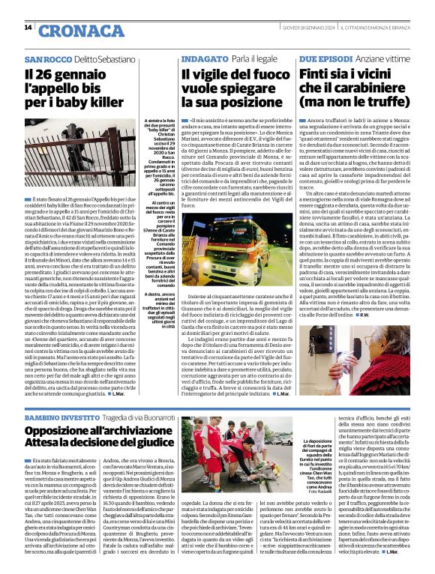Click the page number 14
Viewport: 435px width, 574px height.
28,28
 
